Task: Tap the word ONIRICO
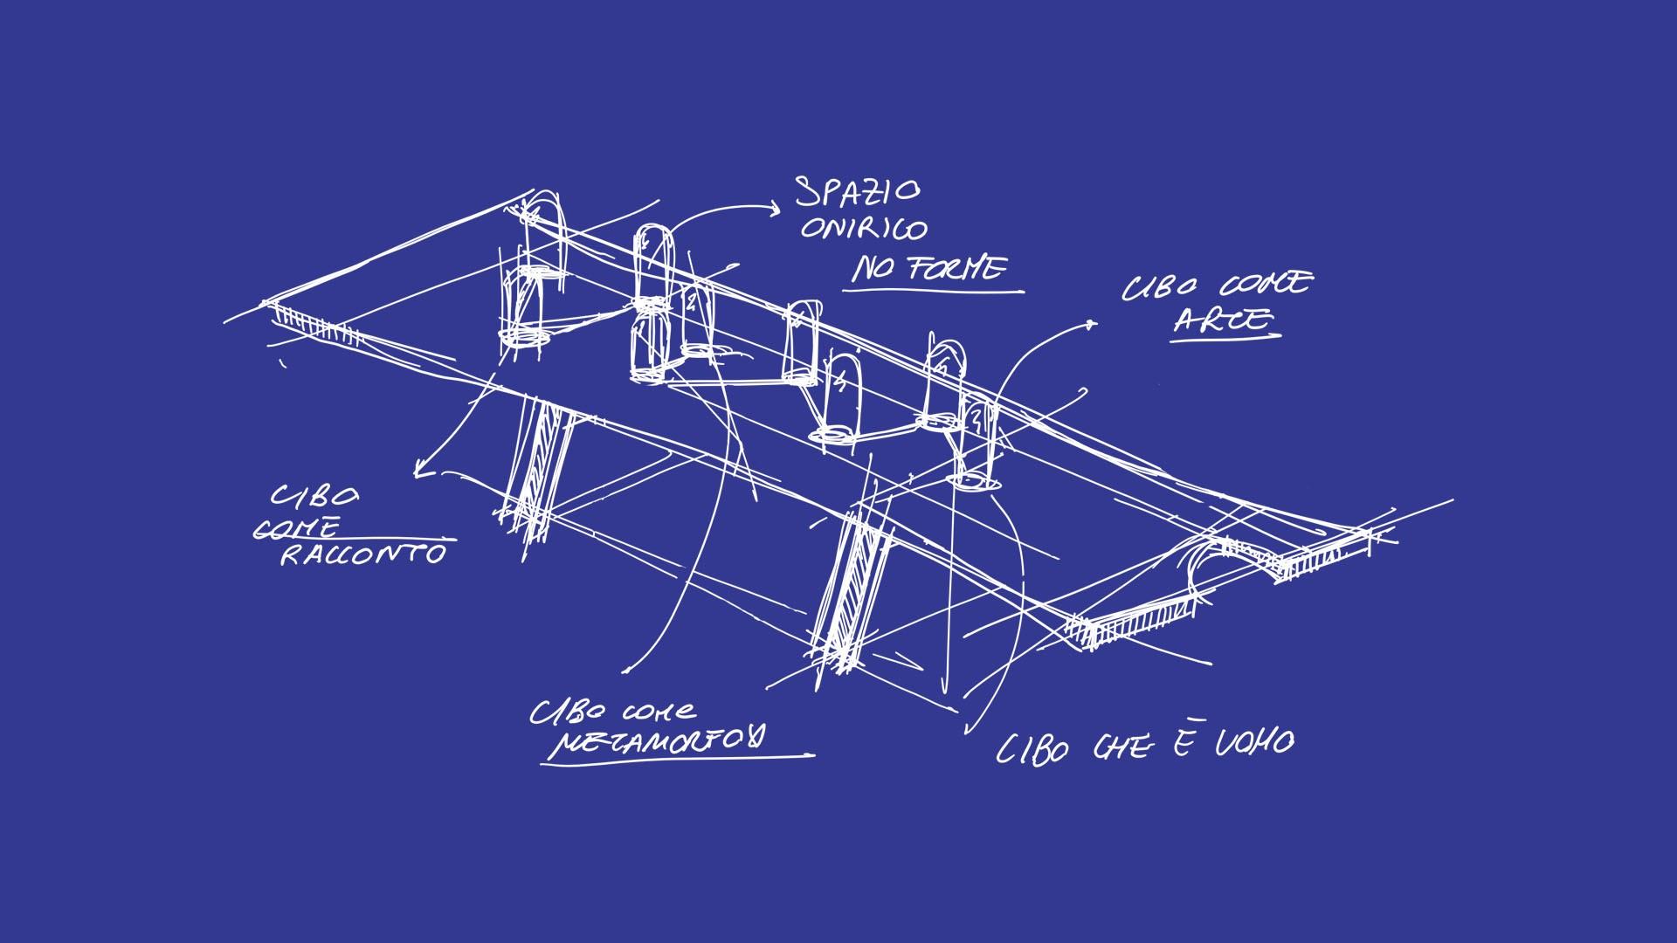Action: click(x=864, y=229)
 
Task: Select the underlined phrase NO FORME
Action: click(x=928, y=269)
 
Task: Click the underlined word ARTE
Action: click(x=1223, y=320)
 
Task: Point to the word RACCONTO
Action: click(x=362, y=554)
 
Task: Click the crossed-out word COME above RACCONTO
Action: click(x=297, y=528)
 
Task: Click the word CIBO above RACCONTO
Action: click(x=314, y=497)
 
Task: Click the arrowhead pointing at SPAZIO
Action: click(x=772, y=207)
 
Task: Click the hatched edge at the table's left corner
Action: click(x=314, y=323)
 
